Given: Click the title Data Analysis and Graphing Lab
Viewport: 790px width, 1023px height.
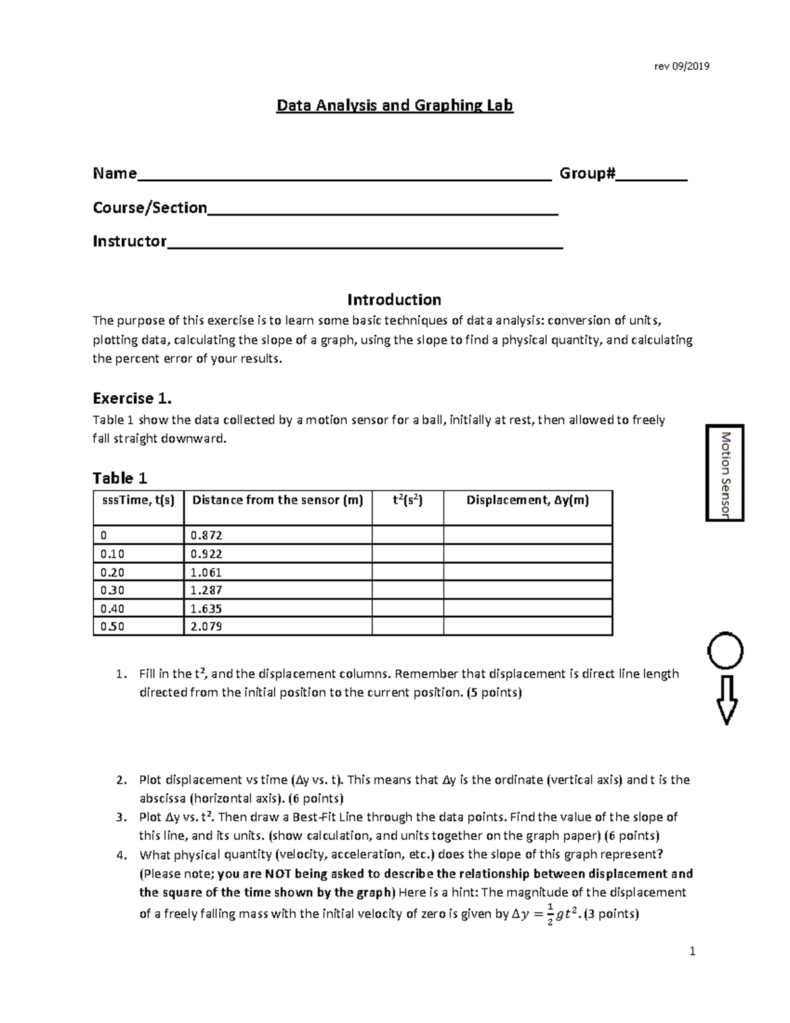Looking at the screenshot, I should pos(394,105).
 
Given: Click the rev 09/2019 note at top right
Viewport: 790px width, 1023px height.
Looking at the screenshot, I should pos(681,66).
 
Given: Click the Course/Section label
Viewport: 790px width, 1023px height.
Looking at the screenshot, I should pos(150,208).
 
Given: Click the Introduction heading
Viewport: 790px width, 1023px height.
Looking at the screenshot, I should pos(394,300).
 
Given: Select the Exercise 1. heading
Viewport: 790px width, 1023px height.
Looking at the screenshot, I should pos(132,399).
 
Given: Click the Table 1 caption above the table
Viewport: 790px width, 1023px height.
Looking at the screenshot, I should pos(120,478).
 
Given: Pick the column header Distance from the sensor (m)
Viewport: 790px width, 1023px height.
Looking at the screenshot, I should pos(277,500).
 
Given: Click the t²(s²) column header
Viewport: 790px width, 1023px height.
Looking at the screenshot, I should pos(408,500).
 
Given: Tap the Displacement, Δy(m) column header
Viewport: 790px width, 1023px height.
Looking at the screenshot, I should pos(527,500).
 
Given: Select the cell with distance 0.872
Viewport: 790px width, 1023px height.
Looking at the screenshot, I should pos(277,536).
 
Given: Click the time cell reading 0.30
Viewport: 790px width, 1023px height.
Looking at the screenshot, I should pos(138,590).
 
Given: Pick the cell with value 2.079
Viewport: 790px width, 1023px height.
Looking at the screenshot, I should pos(277,626).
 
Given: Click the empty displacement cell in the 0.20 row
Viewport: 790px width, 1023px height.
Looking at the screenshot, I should pos(527,572).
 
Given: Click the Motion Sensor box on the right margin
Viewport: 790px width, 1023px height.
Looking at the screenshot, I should pos(725,473).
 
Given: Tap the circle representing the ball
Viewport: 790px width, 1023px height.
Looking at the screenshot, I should pos(725,651).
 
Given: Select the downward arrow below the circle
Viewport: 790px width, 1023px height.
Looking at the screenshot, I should pos(726,700).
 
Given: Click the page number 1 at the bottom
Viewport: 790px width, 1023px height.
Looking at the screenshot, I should pos(692,951).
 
